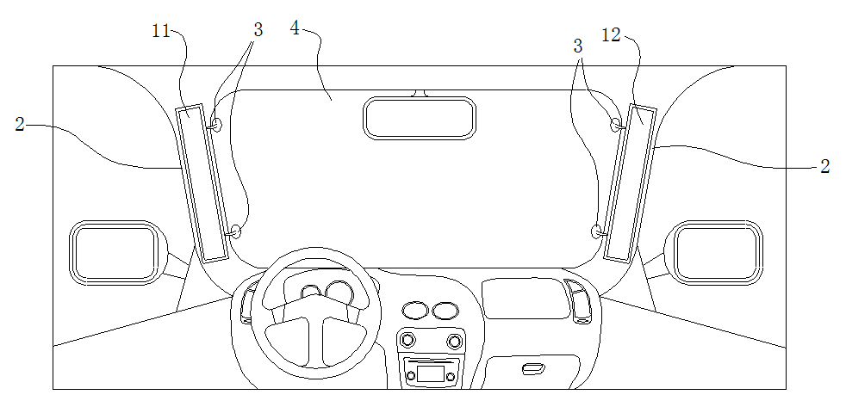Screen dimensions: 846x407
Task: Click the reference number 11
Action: coord(160,31)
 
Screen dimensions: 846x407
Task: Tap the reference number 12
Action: coord(612,37)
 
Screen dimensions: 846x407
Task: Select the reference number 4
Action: coord(295,28)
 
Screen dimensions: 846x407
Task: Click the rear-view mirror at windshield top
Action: coord(420,118)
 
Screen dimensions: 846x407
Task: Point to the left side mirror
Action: coord(116,252)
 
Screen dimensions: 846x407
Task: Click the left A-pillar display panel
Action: coord(202,183)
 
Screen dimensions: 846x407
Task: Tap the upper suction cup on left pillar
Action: coord(215,126)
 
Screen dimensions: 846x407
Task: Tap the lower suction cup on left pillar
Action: coord(234,232)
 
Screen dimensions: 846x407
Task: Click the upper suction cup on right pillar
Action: coord(617,126)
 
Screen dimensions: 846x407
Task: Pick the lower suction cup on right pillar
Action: coord(598,231)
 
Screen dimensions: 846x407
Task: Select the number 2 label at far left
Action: coord(20,125)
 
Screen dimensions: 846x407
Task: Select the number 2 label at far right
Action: coord(825,167)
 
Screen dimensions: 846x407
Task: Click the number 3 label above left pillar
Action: coord(258,31)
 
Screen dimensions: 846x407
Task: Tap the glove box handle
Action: coord(533,369)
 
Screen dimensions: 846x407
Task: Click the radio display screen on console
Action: coord(430,374)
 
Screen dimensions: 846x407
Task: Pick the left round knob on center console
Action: coord(407,340)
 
